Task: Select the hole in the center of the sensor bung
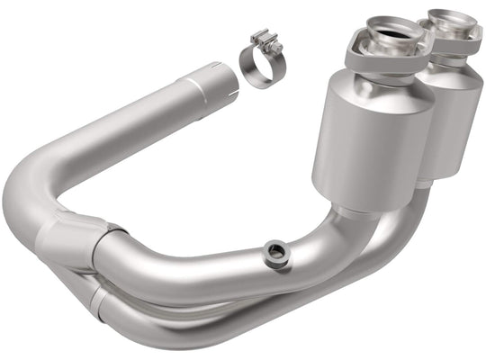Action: tap(275, 253)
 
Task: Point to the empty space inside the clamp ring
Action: tap(256, 72)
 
